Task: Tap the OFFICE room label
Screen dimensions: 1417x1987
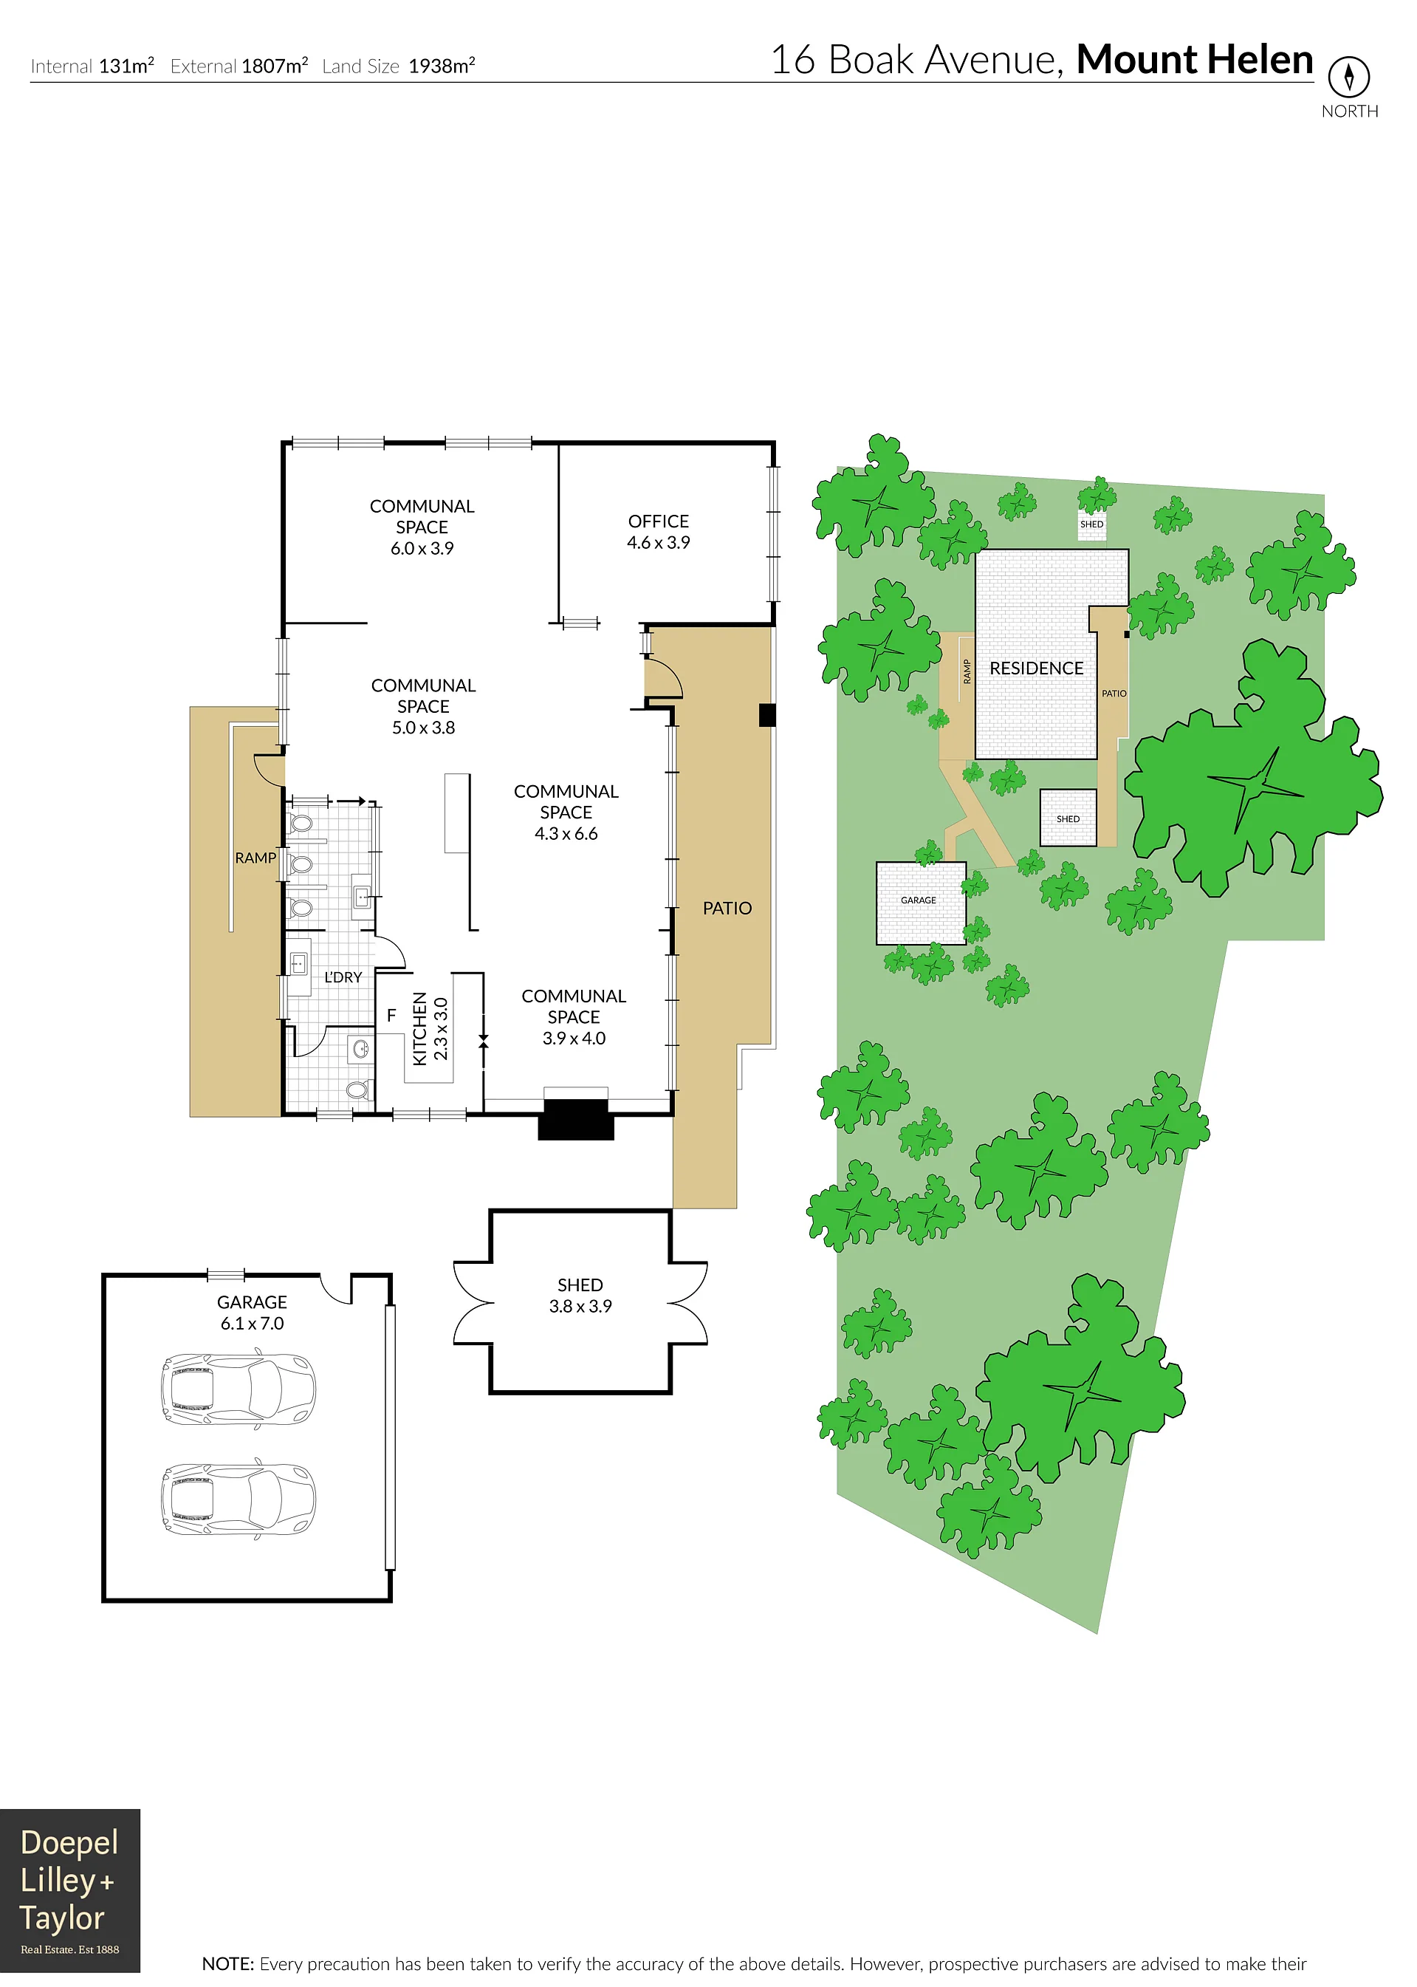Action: (x=658, y=521)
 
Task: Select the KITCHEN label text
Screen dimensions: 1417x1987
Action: (x=419, y=1028)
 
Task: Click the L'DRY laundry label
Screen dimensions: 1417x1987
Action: (x=343, y=977)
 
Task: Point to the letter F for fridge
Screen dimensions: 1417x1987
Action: (x=392, y=1015)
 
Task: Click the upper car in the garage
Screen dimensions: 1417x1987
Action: (x=237, y=1389)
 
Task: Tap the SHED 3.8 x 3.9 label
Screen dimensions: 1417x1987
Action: (x=580, y=1295)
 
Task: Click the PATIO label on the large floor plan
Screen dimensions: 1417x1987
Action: (x=727, y=909)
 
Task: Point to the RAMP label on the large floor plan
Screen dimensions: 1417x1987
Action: (x=255, y=858)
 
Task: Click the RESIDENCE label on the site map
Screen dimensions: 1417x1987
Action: (x=1037, y=668)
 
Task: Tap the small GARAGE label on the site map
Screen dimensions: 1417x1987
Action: (x=918, y=900)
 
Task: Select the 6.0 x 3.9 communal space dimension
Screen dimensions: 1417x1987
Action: (x=422, y=548)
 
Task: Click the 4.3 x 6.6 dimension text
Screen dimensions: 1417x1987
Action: (x=566, y=833)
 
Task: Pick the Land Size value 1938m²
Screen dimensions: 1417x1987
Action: (x=442, y=66)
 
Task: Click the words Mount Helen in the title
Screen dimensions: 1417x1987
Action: (x=1195, y=59)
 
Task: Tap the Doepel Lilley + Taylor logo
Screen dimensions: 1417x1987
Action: (x=70, y=1891)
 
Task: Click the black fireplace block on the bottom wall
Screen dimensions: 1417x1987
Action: (x=576, y=1120)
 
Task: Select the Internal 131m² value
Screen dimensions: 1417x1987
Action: (x=126, y=66)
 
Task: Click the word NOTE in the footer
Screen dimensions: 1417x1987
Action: (x=227, y=1963)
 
